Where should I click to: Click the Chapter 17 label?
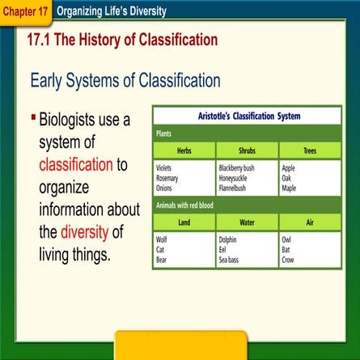point(25,12)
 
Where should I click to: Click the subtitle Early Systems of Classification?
point(125,80)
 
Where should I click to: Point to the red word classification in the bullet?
point(76,164)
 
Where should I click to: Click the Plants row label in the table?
point(165,133)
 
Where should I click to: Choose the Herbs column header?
point(184,150)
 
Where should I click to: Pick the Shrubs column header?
point(248,150)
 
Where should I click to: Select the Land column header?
point(184,222)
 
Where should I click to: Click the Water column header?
point(248,222)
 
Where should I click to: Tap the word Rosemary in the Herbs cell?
point(167,178)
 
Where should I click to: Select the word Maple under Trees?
point(289,188)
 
